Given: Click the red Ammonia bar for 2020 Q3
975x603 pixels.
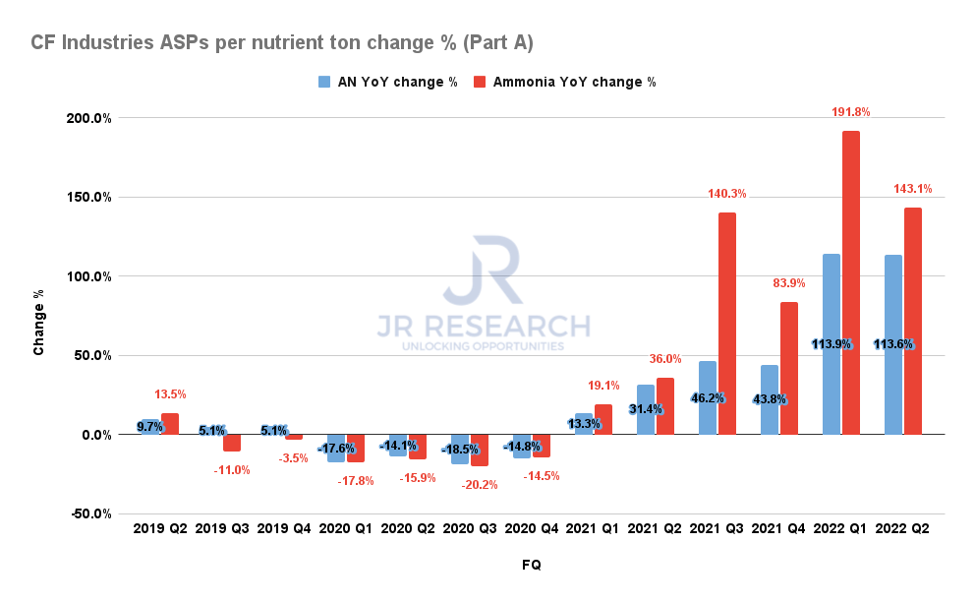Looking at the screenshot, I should coord(480,450).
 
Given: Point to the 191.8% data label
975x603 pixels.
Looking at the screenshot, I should coord(850,112).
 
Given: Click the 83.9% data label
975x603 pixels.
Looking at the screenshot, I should coord(788,283).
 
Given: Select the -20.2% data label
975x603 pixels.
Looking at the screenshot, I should coord(480,484).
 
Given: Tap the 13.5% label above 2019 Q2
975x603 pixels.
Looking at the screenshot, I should coord(170,394).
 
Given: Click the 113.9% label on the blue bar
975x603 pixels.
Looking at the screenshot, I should coord(832,344).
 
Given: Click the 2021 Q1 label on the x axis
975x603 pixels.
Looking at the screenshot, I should coord(593,528).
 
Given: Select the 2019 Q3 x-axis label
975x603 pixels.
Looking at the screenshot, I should coord(222,528).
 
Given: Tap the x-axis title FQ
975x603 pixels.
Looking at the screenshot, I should coord(531,566).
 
